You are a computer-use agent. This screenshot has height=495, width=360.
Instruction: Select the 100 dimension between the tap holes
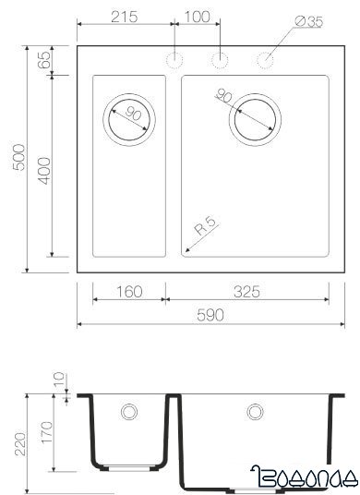[x=196, y=18]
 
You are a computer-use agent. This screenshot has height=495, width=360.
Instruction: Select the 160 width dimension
[x=129, y=292]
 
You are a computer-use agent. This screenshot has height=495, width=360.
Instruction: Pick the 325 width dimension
[x=246, y=292]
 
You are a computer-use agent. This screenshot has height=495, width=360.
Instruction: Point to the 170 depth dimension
[x=43, y=430]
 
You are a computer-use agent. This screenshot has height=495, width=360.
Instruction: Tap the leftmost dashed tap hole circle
[x=173, y=60]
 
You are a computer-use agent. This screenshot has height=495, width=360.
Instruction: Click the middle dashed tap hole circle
[x=220, y=60]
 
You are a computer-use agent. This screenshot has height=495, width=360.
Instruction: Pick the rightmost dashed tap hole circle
[x=266, y=60]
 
